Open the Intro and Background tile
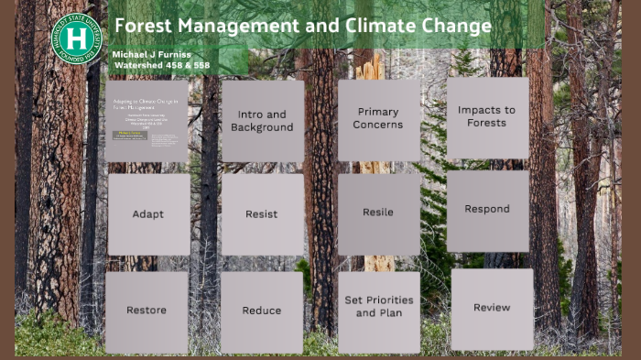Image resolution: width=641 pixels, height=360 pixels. click(x=262, y=121)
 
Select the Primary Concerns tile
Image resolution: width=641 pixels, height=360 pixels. click(x=379, y=119)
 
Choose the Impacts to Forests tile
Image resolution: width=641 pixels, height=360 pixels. click(x=486, y=116)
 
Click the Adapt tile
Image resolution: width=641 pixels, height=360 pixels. click(x=148, y=214)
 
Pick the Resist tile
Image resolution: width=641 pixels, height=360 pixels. click(x=262, y=214)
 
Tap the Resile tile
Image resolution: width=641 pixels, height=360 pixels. click(x=378, y=213)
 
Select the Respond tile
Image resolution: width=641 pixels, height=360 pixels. click(x=487, y=210)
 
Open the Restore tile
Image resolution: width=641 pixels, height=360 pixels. click(x=147, y=311)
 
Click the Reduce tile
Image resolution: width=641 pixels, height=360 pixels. click(x=262, y=311)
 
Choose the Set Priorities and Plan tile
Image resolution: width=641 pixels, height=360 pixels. click(x=378, y=307)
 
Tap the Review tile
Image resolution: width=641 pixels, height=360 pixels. click(x=492, y=308)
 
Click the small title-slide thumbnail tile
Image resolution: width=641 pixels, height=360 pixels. click(x=147, y=121)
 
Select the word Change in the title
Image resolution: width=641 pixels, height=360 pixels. click(x=454, y=26)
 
